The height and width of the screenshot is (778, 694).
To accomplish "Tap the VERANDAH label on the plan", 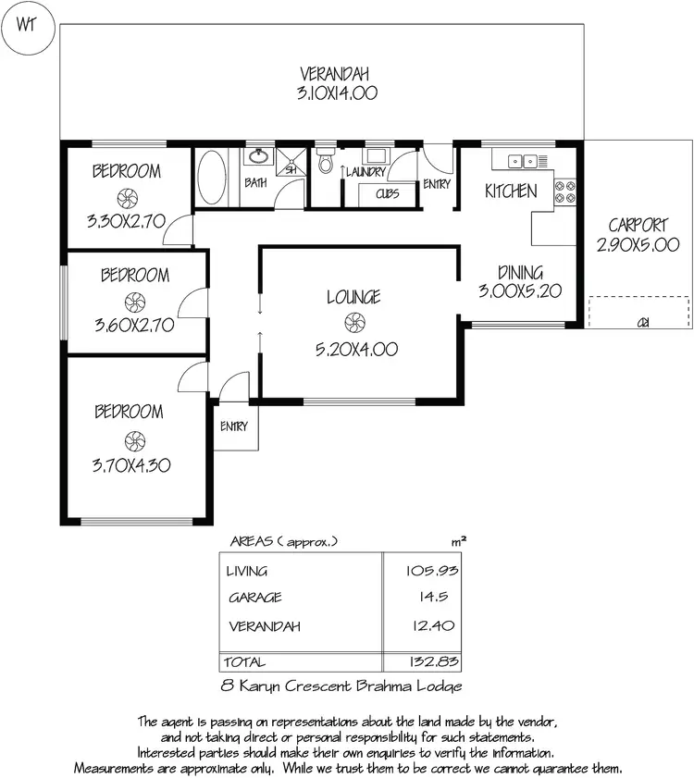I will click(x=334, y=73).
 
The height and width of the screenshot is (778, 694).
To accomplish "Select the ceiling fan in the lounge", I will click(x=352, y=323).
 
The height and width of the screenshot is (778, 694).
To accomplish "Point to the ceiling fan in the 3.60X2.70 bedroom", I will click(x=134, y=301).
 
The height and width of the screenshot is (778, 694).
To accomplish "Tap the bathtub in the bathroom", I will click(x=211, y=179).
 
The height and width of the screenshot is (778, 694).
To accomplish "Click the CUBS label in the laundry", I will click(x=387, y=194).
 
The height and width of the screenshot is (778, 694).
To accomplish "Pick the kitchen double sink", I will click(x=522, y=162).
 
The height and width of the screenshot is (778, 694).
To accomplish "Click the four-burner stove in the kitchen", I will click(x=564, y=191).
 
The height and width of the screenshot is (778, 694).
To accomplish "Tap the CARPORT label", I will click(x=638, y=225).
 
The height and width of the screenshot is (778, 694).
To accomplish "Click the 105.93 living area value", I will click(x=432, y=571).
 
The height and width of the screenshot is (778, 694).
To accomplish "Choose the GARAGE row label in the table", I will click(x=254, y=598).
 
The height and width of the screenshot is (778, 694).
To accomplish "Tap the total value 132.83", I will click(x=432, y=661).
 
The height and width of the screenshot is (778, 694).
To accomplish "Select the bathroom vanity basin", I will click(x=258, y=156).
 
